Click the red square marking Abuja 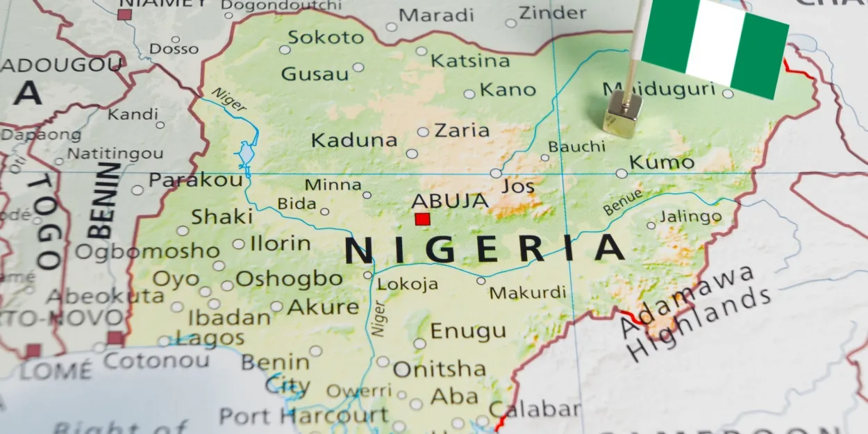tap(422, 219)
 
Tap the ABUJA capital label tap(449, 201)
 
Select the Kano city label tap(508, 90)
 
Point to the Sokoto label tap(326, 37)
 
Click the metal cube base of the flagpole tap(621, 115)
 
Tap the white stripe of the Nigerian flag tap(715, 43)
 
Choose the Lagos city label tap(210, 339)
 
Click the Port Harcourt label tap(303, 416)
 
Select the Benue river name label tap(622, 202)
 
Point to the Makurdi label tap(528, 292)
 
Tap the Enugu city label tap(468, 331)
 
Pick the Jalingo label tap(690, 217)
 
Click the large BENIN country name tap(101, 201)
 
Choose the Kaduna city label tap(354, 140)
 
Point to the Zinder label tap(553, 12)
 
